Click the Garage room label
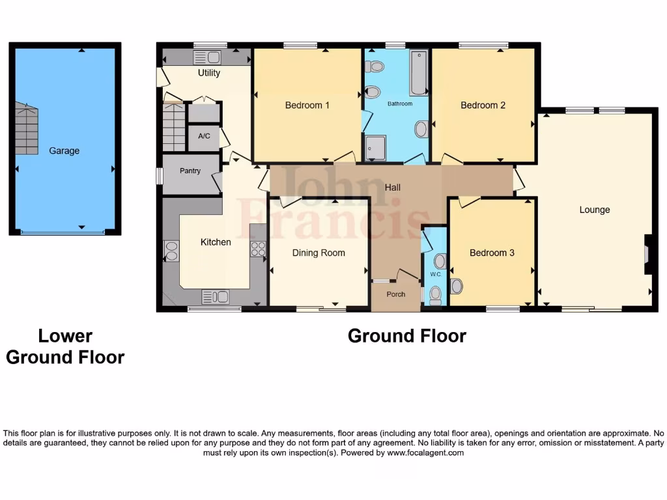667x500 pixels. pyautogui.click(x=64, y=150)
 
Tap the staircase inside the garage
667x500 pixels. pyautogui.click(x=27, y=128)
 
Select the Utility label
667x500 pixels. pyautogui.click(x=209, y=73)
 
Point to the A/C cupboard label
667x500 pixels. pyautogui.click(x=204, y=137)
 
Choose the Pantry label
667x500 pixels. pyautogui.click(x=190, y=171)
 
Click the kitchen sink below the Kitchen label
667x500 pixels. pyautogui.click(x=215, y=297)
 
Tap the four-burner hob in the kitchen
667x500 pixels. pyautogui.click(x=258, y=249)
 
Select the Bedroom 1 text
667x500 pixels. pyautogui.click(x=307, y=105)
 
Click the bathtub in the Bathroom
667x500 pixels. pyautogui.click(x=418, y=72)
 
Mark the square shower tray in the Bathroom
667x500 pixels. pyautogui.click(x=375, y=147)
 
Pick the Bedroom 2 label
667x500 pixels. pyautogui.click(x=483, y=105)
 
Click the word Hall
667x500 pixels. pyautogui.click(x=392, y=187)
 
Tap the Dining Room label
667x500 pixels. pyautogui.click(x=319, y=253)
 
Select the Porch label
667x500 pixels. pyautogui.click(x=395, y=294)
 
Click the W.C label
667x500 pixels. pyautogui.click(x=435, y=274)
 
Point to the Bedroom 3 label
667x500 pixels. pyautogui.click(x=492, y=253)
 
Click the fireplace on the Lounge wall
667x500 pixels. pyautogui.click(x=647, y=254)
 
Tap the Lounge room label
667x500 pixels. pyautogui.click(x=594, y=210)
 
